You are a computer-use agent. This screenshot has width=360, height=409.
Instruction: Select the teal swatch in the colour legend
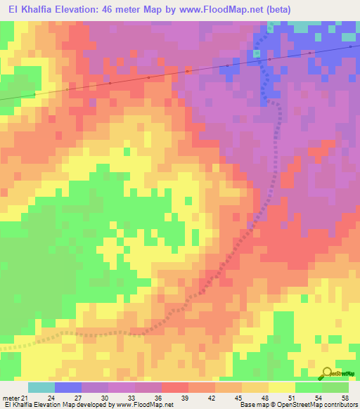pos(41,388)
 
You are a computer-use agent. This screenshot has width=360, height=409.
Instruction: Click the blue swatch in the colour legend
pos(68,388)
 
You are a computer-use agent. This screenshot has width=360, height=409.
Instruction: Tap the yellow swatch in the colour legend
pos(281,388)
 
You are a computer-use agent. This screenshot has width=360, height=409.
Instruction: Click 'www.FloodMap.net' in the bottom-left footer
pos(144,405)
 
